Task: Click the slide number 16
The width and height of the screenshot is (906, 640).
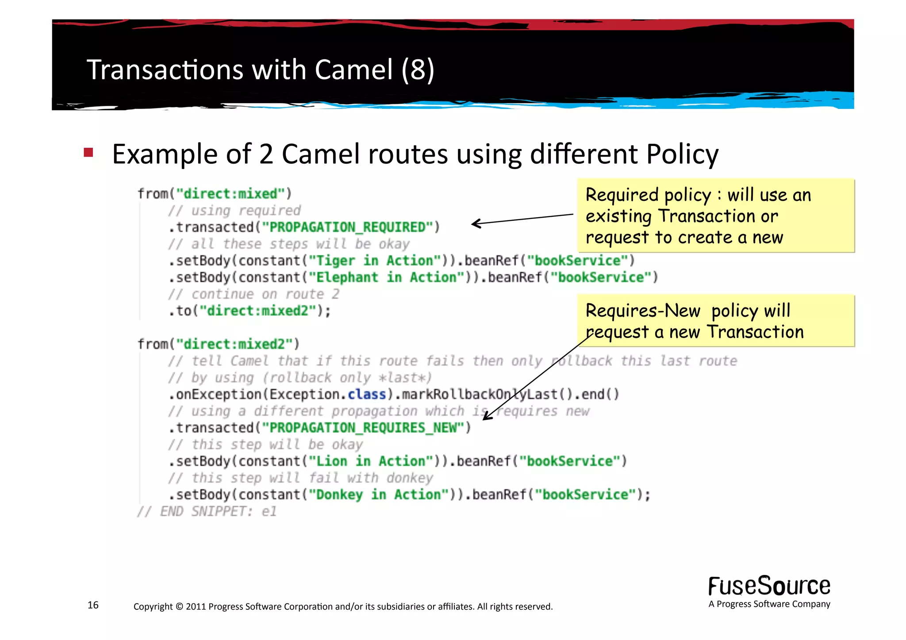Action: click(x=93, y=605)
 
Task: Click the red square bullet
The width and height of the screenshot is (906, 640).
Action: click(x=88, y=153)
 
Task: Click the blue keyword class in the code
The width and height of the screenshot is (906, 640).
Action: click(x=367, y=394)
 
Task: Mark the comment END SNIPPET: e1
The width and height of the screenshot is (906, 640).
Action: click(x=207, y=511)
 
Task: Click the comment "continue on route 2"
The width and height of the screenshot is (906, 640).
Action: click(x=253, y=294)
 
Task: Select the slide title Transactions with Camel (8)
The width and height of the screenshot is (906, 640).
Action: click(x=260, y=69)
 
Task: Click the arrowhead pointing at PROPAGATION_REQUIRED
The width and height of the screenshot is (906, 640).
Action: click(x=475, y=223)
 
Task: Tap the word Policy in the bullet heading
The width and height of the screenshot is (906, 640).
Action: click(x=682, y=154)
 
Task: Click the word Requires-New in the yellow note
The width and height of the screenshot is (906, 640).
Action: click(x=643, y=310)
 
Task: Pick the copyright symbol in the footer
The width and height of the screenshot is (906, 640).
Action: click(x=179, y=606)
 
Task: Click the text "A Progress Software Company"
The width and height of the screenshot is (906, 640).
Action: click(x=769, y=604)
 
